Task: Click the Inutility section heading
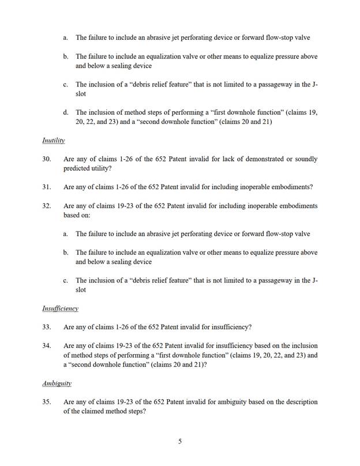53,140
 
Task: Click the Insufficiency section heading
60,309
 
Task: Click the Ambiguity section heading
56,383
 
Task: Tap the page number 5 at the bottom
180,442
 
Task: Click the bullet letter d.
66,112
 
